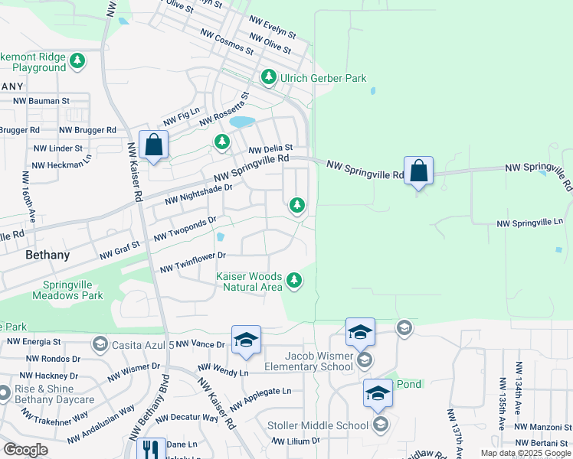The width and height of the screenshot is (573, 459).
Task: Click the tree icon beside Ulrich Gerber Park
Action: [x=269, y=77]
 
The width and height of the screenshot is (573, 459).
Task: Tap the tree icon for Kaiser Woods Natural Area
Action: [x=293, y=282]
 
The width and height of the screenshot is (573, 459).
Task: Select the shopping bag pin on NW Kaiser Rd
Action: [x=154, y=145]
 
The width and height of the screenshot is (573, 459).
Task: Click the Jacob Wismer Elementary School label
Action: [x=307, y=361]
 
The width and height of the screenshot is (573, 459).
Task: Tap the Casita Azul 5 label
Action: [x=142, y=344]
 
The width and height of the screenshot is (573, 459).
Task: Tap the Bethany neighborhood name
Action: [x=47, y=255]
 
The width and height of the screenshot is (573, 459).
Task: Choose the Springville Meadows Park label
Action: [x=71, y=290]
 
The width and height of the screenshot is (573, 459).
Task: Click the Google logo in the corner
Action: [x=25, y=449]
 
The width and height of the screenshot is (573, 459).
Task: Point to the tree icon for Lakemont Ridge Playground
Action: [x=77, y=60]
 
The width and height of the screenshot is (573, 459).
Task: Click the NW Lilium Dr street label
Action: [x=296, y=441]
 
